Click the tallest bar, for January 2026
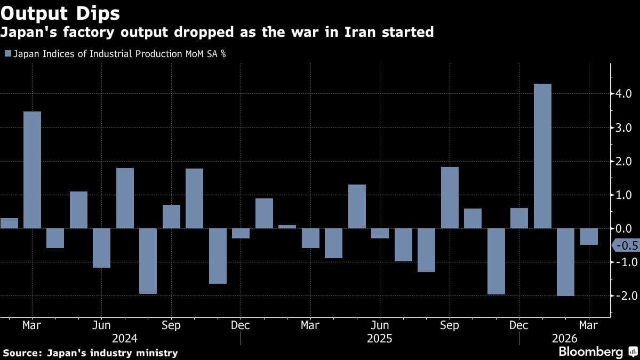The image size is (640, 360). [542, 156]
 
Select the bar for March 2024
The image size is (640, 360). [32, 170]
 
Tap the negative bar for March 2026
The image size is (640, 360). [589, 236]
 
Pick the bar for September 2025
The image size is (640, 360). [450, 198]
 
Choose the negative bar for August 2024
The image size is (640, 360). [148, 261]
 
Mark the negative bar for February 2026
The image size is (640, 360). [565, 262]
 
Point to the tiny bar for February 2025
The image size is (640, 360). [287, 227]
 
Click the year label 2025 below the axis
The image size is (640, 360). [380, 339]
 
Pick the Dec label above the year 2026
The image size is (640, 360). [519, 325]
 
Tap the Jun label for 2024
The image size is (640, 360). [101, 325]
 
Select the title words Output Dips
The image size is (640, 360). [60, 13]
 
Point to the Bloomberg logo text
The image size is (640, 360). [590, 352]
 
